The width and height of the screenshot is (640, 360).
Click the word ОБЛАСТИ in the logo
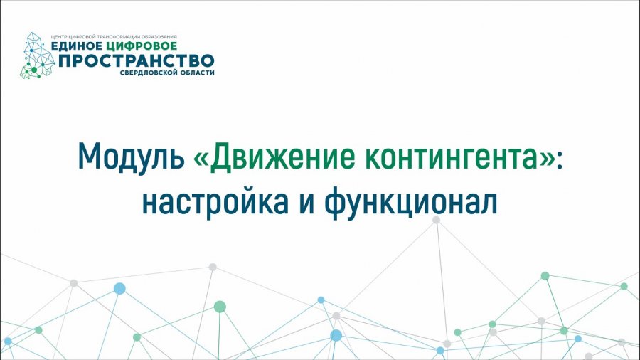coord(196,73)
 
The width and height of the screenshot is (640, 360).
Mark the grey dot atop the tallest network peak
coord(436,220)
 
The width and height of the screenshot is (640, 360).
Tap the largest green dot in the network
coord(220,307)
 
